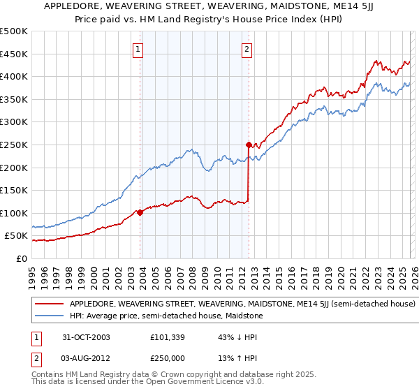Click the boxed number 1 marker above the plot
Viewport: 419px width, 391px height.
click(138, 49)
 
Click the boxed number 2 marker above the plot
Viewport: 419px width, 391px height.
click(247, 49)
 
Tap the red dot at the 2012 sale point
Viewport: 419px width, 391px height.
click(249, 145)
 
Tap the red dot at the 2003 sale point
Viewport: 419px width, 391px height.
click(140, 212)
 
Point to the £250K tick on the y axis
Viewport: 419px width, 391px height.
click(14, 145)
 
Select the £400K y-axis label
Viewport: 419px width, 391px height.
click(14, 77)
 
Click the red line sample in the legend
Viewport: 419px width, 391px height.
click(50, 304)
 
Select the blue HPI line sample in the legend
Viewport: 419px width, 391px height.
click(50, 316)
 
